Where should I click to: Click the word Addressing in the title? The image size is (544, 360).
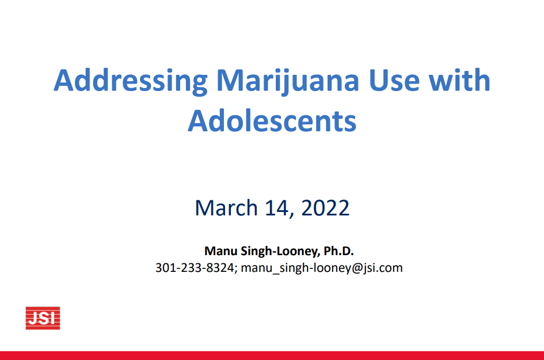(x=131, y=82)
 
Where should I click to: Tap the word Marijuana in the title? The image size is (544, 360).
(x=288, y=82)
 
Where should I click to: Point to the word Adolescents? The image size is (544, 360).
(x=272, y=121)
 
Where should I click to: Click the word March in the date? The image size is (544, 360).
(x=226, y=208)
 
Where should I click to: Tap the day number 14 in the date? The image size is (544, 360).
(x=276, y=208)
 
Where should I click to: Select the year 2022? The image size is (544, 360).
(x=325, y=208)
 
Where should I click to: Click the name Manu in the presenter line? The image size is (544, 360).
(x=220, y=251)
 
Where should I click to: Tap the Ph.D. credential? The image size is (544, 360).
(x=338, y=251)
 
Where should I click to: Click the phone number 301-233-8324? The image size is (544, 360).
(x=195, y=268)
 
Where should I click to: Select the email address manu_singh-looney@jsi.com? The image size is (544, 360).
(x=322, y=268)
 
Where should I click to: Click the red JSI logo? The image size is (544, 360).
(x=43, y=318)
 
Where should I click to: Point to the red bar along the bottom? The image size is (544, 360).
(x=272, y=355)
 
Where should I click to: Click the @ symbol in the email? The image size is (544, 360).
(x=357, y=268)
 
